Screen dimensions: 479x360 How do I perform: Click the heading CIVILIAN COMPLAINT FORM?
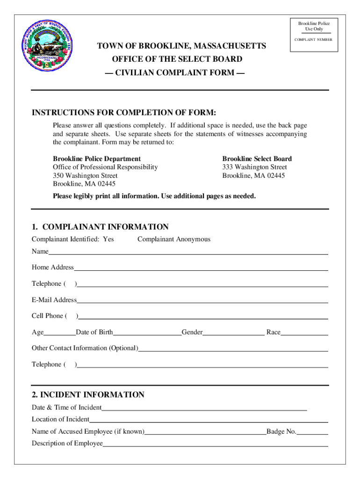[178, 73]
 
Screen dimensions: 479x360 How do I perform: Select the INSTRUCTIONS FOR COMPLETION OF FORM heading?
[124, 113]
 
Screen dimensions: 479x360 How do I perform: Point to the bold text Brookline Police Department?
[97, 159]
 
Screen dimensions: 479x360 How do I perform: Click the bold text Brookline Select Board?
[257, 159]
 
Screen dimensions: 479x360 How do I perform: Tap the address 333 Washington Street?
[254, 167]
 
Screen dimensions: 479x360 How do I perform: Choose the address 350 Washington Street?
[85, 175]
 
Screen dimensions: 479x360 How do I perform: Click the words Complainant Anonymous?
[174, 239]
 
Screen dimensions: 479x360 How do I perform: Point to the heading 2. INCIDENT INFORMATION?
[88, 394]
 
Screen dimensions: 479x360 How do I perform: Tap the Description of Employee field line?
[215, 445]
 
